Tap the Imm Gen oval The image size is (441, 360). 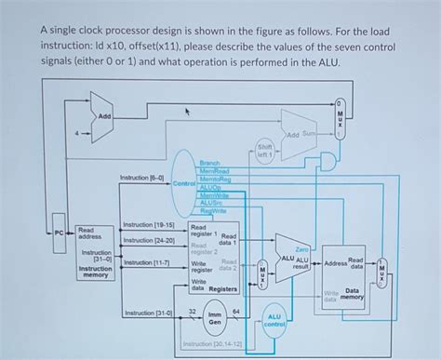(x=213, y=323)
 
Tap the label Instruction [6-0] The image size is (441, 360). (x=142, y=177)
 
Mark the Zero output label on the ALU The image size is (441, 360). (x=303, y=249)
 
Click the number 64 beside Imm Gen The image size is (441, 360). (x=238, y=311)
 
